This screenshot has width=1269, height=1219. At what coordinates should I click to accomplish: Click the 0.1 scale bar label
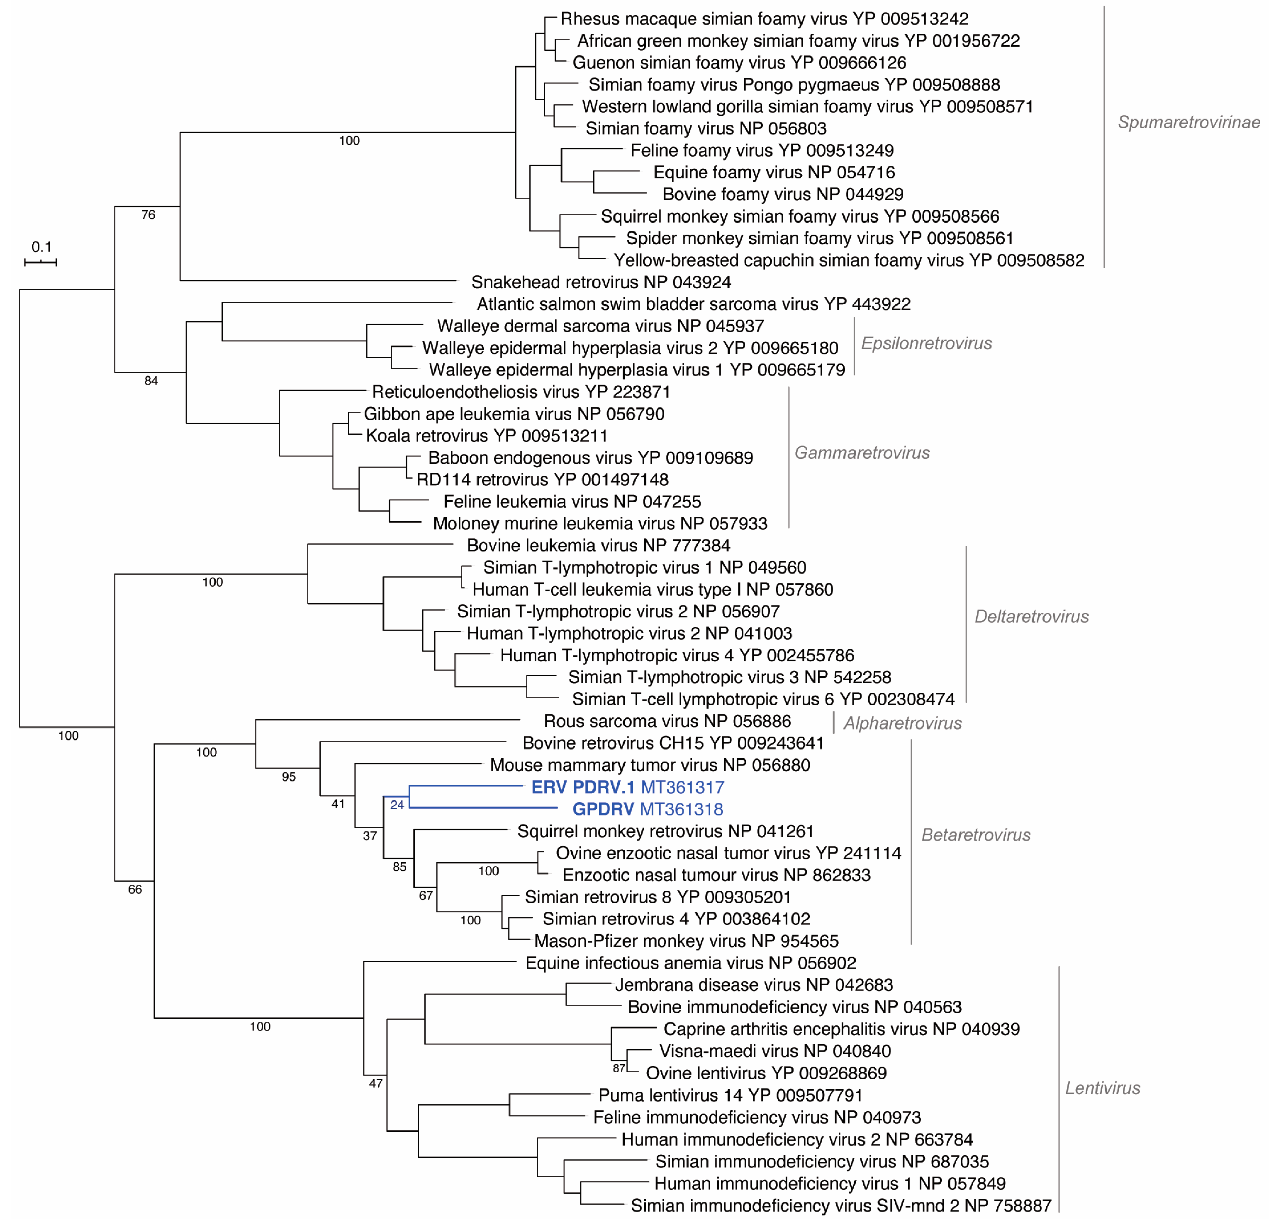(x=41, y=247)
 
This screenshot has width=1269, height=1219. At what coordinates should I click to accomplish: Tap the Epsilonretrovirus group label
(x=926, y=343)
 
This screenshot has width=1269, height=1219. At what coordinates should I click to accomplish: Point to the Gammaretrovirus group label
(x=862, y=453)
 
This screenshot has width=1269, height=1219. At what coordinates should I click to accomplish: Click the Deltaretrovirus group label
(x=1031, y=617)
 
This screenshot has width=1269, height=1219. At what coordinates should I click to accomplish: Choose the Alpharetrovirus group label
(x=903, y=723)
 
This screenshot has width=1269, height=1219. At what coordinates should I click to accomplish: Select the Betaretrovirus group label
(x=976, y=835)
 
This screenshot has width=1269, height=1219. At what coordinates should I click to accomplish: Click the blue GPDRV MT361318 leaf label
(x=648, y=809)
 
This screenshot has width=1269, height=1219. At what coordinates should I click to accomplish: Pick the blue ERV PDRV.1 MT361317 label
(x=627, y=787)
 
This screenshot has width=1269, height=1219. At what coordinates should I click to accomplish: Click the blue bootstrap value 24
(x=397, y=805)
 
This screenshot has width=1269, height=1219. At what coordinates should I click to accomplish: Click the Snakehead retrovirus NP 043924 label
(x=601, y=282)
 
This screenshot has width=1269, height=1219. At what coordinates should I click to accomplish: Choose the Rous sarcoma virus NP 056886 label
(x=667, y=721)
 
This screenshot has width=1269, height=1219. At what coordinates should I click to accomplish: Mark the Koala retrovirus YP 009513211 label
(x=486, y=436)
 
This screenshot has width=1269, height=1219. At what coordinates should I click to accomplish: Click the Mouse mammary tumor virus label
(x=649, y=765)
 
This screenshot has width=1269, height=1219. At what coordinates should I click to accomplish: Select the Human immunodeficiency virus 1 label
(x=829, y=1184)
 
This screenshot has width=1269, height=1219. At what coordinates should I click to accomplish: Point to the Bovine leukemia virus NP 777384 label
(x=598, y=545)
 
